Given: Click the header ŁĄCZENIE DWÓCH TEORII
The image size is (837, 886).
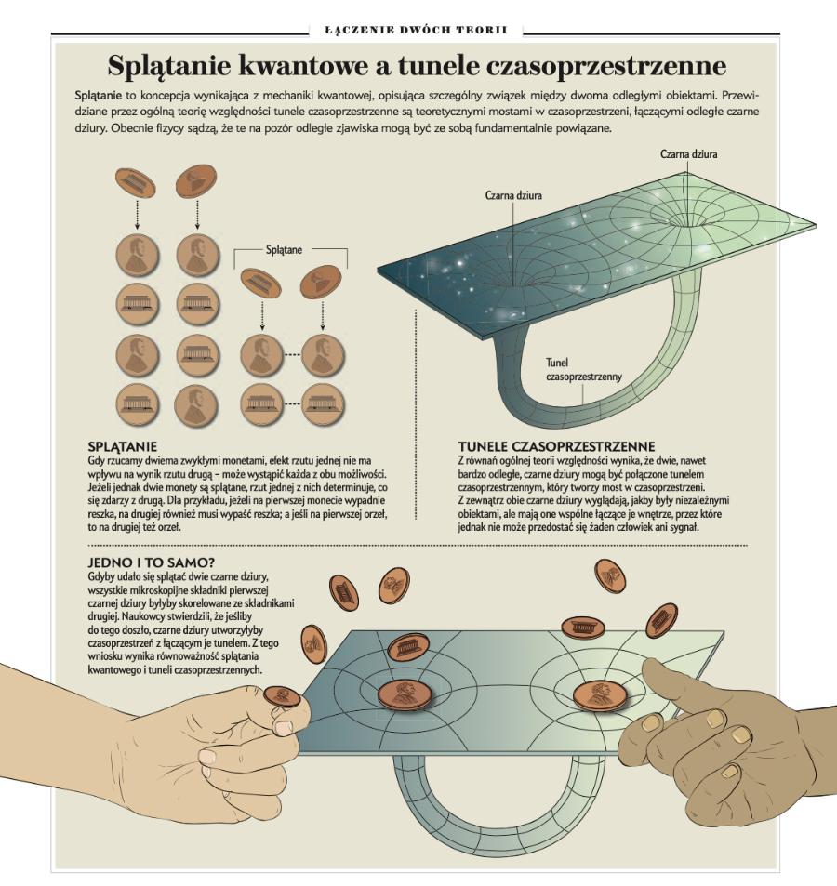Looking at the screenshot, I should pos(416,31).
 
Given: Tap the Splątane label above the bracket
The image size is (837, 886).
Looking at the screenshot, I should pos(289,250).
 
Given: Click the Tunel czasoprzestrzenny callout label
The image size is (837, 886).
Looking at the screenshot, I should pos(583,371).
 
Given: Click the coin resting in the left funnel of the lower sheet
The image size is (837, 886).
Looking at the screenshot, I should pos(401,693).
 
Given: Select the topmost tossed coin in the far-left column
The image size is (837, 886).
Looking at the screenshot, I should pos(136,180).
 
